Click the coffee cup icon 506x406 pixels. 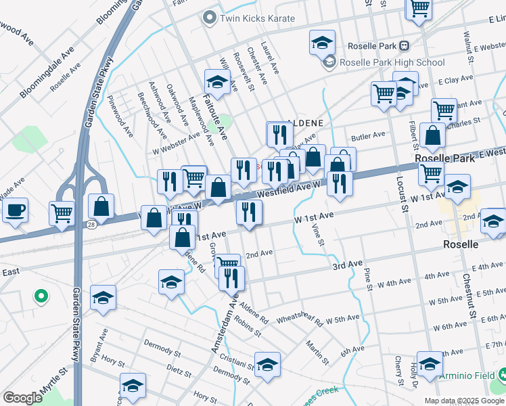15,209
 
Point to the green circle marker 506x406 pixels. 41,296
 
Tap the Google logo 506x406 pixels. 22,398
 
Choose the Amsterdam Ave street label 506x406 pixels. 225,325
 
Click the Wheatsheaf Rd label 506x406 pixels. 300,317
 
